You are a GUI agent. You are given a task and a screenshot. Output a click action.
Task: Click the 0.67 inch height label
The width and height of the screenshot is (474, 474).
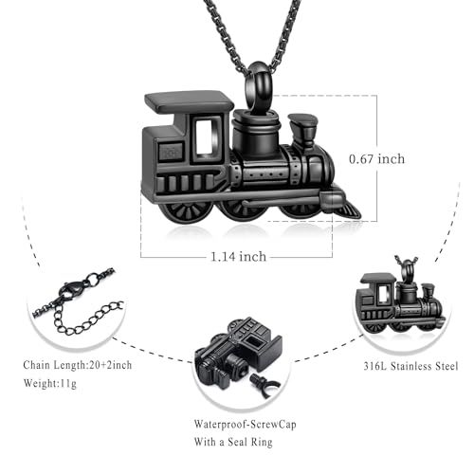(376, 159)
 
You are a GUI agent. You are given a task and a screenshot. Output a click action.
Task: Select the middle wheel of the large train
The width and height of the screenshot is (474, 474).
(238, 209)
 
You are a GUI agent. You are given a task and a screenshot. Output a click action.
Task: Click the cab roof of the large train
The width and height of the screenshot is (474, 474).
(190, 100)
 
